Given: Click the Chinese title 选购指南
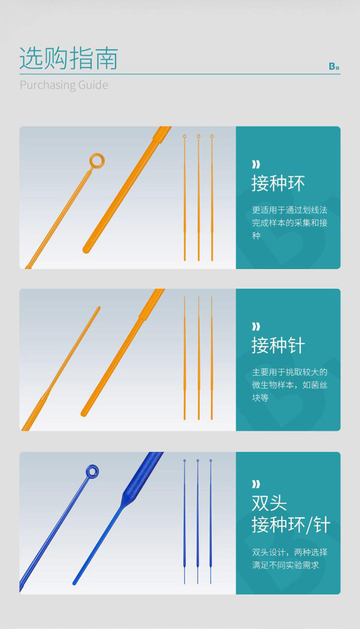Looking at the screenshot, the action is pos(68,58).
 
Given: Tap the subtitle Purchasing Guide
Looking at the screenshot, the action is pos(64,85).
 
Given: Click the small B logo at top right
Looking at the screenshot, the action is pos(334,67).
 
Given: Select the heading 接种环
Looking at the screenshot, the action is pos(278,184).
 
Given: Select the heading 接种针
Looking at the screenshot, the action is pos(278,346).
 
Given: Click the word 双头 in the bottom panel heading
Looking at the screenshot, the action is pos(269,503).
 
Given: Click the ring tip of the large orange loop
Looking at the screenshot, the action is pos(97,160).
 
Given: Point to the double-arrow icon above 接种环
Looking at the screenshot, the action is pos(256,164).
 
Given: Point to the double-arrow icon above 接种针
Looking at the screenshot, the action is pos(256,326).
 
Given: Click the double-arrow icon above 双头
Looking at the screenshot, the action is pos(256,484).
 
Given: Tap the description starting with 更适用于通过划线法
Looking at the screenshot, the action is pos(289,223).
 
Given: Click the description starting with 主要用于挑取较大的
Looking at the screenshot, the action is pos(289,385).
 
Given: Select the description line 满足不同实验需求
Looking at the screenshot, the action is pos(285,565).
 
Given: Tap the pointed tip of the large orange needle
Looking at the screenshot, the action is pos(99,307).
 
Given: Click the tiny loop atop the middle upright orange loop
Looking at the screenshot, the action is pos(198,136).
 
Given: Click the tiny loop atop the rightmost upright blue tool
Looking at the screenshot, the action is pos(211,461).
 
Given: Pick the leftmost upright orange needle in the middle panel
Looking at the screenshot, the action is pos(184,358).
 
